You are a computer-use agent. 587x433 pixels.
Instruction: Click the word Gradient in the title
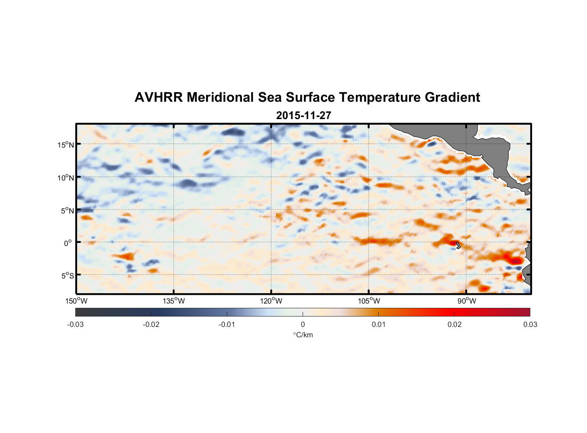[452, 97]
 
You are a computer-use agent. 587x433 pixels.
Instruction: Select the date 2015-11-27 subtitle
[303, 116]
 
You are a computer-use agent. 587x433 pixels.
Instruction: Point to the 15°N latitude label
[66, 145]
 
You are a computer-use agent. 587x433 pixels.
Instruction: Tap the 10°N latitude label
[66, 178]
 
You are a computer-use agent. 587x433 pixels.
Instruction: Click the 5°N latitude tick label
[67, 210]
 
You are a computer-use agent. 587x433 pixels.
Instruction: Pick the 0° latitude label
[68, 243]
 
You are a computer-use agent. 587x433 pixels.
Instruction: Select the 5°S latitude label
[67, 275]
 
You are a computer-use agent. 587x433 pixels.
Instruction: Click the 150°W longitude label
[76, 301]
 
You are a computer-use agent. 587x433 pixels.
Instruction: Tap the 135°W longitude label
[174, 301]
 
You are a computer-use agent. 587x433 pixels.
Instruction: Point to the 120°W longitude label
[271, 301]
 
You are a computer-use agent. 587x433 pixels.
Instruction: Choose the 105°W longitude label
[369, 301]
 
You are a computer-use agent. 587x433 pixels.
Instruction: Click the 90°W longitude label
[467, 301]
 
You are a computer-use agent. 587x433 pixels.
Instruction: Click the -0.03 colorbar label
[75, 324]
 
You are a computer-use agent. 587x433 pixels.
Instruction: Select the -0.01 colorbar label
[227, 324]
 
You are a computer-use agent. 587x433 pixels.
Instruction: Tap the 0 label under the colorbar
[303, 324]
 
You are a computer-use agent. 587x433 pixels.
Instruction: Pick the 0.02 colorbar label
[455, 324]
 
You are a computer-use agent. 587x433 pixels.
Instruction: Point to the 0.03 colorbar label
[530, 324]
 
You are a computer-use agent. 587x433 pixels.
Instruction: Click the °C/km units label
[303, 335]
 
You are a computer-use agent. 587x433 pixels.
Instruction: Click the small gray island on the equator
[458, 245]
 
